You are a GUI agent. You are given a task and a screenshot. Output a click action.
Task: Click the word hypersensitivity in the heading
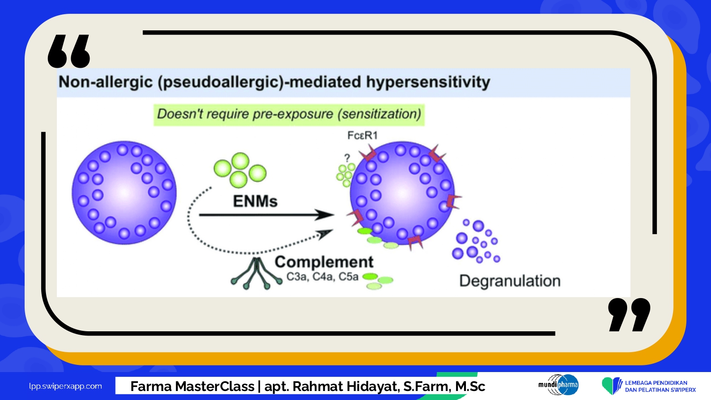(x=428, y=82)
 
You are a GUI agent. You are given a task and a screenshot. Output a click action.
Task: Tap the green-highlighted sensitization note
(x=289, y=115)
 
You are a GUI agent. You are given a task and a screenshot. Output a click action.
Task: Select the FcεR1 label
(x=363, y=136)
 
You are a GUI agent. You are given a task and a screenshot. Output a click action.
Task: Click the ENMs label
(x=255, y=201)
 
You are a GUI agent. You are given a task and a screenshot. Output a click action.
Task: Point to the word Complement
(x=324, y=262)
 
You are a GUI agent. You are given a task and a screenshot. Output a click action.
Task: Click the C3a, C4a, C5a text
(x=322, y=277)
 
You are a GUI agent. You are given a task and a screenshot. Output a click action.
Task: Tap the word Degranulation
(x=510, y=281)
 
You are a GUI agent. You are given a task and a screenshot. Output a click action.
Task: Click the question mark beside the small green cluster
(x=347, y=158)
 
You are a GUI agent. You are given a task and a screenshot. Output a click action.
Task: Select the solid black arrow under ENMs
(x=266, y=215)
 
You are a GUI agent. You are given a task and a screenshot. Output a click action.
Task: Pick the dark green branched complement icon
(x=256, y=273)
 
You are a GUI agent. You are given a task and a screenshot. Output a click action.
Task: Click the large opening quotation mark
(x=69, y=52)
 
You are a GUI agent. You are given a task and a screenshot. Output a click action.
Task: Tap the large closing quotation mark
(x=629, y=315)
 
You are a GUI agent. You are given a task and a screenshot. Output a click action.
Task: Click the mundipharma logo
(x=558, y=385)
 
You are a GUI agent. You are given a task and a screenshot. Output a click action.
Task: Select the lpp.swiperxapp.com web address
(x=65, y=386)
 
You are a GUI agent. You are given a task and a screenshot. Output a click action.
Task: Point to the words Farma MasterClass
(x=192, y=387)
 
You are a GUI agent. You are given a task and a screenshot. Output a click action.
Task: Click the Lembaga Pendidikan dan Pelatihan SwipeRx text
(x=660, y=386)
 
